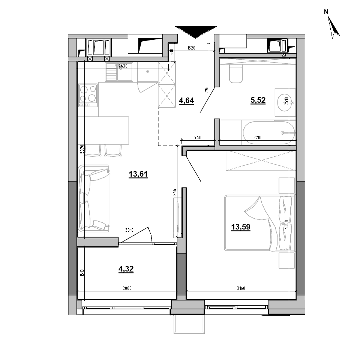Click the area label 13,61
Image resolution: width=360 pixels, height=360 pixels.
tap(138, 174)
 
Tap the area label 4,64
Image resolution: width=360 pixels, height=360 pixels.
tap(186, 100)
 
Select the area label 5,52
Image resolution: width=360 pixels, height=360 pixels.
tap(258, 100)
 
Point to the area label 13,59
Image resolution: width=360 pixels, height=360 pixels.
tap(241, 227)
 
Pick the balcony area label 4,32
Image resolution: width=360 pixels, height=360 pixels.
tap(126, 269)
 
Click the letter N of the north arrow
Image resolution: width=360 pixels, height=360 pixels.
tap(326, 12)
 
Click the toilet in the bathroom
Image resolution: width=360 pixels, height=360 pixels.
tap(236, 73)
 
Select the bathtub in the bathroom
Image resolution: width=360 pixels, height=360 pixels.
tap(269, 132)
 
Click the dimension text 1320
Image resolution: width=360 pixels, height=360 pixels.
tap(191, 48)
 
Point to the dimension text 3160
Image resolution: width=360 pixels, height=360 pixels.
tap(241, 288)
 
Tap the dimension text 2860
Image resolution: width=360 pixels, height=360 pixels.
tap(127, 288)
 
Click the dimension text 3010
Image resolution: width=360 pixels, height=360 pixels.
tap(129, 230)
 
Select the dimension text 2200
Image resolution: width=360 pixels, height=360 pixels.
tap(258, 138)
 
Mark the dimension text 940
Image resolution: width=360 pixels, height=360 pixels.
tap(198, 138)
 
